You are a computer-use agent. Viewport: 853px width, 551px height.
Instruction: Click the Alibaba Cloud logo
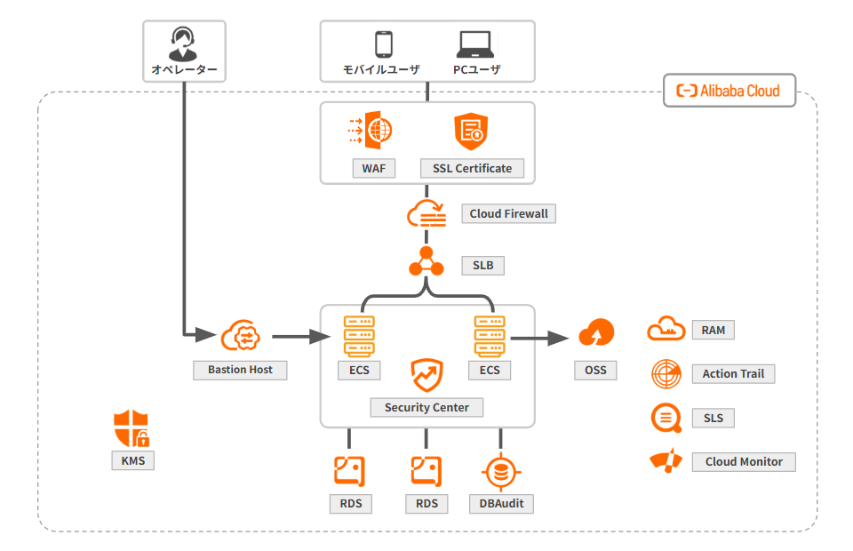point(729,91)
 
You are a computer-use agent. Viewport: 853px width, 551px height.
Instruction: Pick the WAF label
point(374,168)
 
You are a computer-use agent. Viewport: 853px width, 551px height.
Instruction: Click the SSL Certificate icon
point(472,132)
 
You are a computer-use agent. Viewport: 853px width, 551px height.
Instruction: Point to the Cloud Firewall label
point(508,214)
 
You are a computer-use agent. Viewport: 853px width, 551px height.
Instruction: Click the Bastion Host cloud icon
point(240,336)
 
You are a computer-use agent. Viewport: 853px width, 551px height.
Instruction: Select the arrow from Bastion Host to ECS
point(300,337)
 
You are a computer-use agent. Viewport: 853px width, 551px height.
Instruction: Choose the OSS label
point(595,370)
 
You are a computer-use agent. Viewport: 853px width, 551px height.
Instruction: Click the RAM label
point(713,331)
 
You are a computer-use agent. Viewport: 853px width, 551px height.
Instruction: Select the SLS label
point(713,418)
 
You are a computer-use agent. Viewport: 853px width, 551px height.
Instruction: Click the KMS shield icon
point(132,429)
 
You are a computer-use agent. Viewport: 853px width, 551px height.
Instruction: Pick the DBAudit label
point(501,504)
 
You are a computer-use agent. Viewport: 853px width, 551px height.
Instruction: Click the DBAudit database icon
point(501,472)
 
